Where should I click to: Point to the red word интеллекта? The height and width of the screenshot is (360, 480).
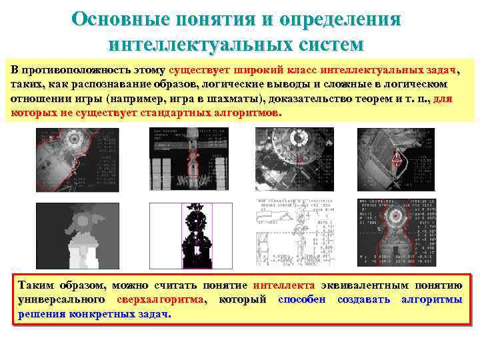pos(283,285)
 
